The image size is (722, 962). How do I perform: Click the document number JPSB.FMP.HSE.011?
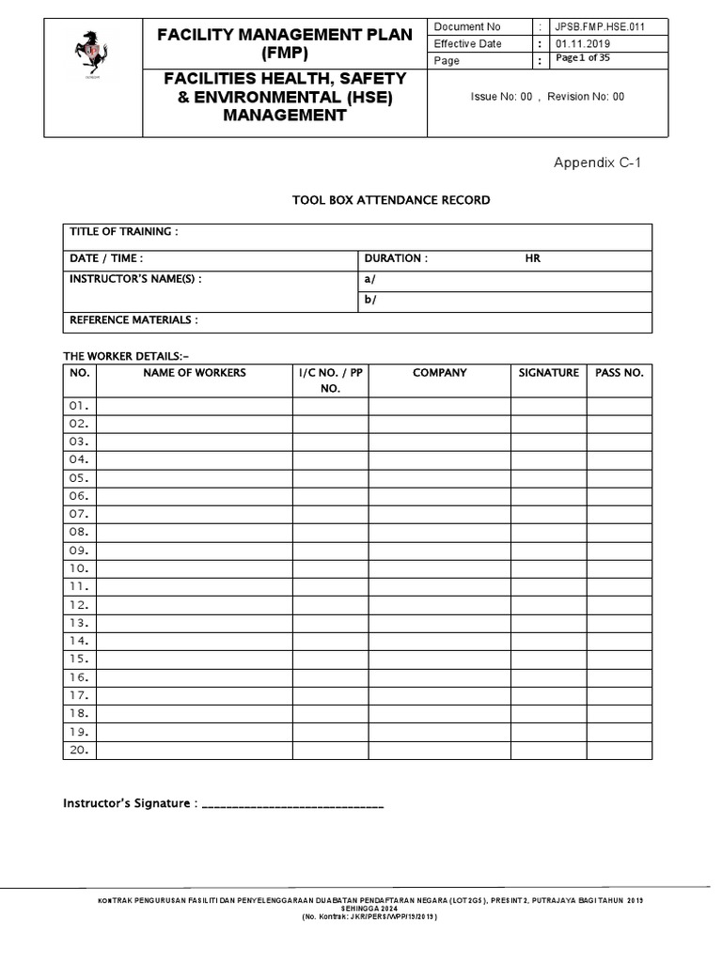599,27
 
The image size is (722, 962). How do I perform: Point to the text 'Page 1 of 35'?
583,59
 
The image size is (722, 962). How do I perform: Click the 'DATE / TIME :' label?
107,258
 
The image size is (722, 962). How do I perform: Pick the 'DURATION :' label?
396,258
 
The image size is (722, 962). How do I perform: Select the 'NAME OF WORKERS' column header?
195,373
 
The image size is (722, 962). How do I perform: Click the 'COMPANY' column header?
439,373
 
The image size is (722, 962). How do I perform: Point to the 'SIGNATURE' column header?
548,373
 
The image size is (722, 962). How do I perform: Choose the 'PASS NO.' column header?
620,373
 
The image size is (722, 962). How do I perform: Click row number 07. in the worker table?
78,514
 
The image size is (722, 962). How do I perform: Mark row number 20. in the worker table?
78,750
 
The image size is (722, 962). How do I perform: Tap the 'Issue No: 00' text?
501,97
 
